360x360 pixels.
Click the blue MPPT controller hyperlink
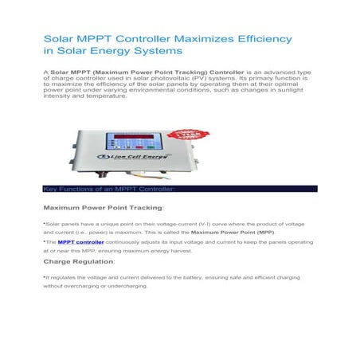[x=81, y=241]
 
